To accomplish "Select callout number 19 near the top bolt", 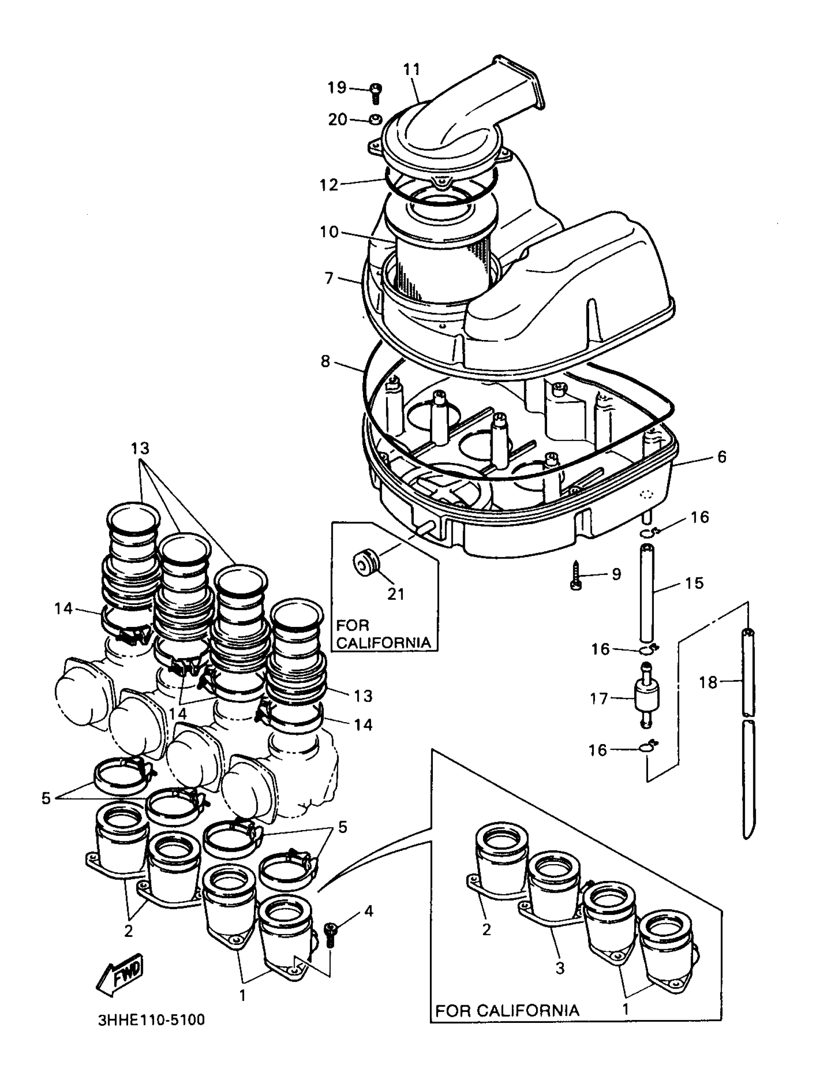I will (337, 88).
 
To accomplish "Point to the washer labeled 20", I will (375, 119).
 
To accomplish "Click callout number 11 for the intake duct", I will (411, 69).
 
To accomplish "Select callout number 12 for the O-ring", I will (329, 185).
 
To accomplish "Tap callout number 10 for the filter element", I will (329, 231).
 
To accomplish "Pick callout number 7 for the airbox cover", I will (329, 278).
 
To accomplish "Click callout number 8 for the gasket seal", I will (325, 362).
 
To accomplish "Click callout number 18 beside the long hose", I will (708, 682).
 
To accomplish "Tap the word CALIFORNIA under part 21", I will (384, 643).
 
